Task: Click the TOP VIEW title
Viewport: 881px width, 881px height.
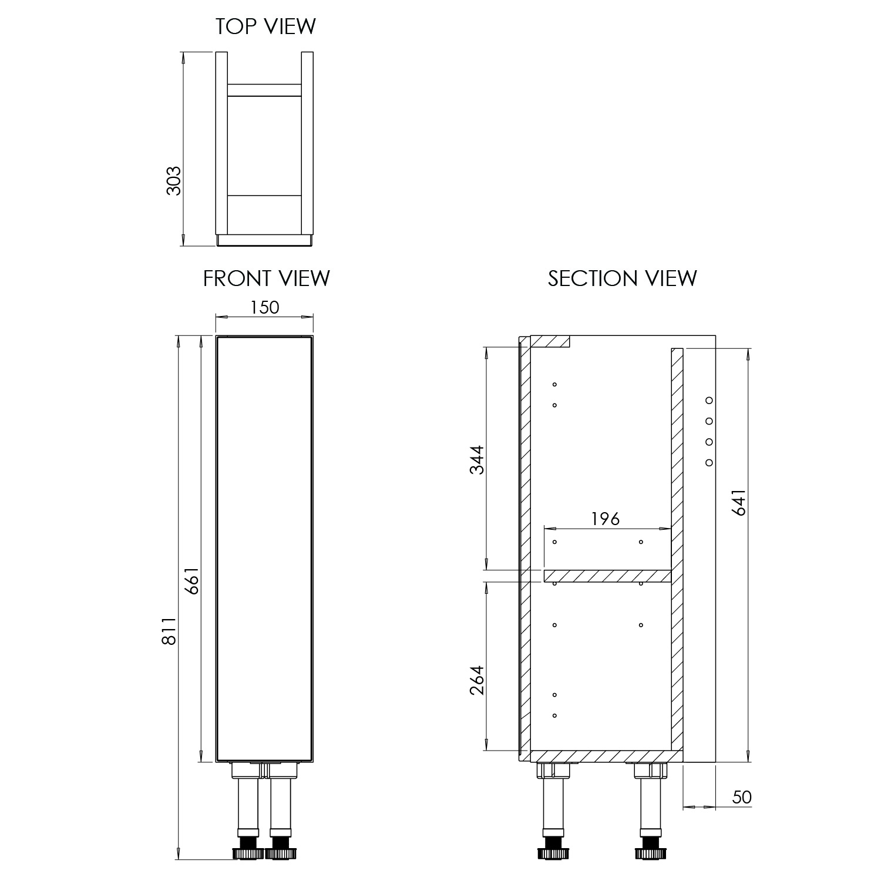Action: click(265, 26)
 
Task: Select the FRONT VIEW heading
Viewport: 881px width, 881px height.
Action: click(266, 278)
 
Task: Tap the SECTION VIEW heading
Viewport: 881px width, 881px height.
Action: click(622, 278)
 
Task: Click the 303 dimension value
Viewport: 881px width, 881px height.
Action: click(174, 180)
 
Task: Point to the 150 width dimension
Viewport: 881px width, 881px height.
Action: click(265, 307)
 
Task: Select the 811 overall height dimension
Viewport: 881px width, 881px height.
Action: click(169, 631)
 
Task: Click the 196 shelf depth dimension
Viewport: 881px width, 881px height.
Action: click(605, 519)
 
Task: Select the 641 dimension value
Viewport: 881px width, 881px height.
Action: click(739, 502)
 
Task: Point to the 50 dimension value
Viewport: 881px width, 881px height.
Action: click(742, 797)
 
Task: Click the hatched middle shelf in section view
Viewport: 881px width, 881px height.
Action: click(607, 576)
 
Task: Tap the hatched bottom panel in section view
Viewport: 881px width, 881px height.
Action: click(605, 756)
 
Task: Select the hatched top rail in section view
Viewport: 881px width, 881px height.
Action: click(550, 341)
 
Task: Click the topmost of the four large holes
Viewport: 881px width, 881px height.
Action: click(709, 401)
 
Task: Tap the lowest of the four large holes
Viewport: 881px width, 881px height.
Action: click(709, 462)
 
